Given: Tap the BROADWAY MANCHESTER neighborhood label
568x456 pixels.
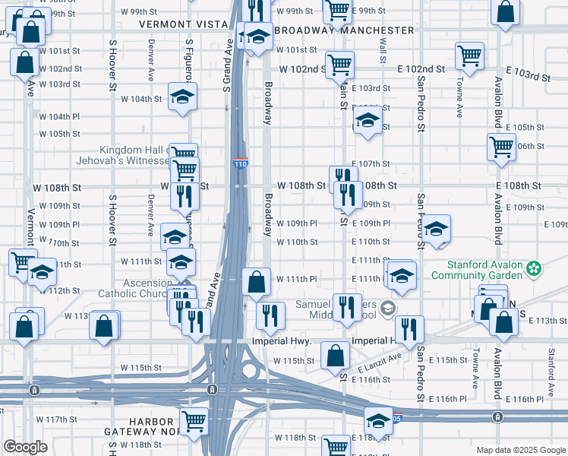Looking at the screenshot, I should click(345, 30).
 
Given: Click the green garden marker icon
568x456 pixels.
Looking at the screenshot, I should click(535, 268).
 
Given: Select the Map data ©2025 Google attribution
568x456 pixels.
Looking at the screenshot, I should click(519, 450).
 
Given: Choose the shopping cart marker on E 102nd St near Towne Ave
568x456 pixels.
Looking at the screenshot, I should click(470, 55).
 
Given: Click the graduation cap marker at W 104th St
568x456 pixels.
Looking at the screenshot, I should click(182, 97).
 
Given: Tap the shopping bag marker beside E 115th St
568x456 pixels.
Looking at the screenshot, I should click(335, 355).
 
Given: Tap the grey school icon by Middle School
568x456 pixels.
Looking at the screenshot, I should click(388, 307).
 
